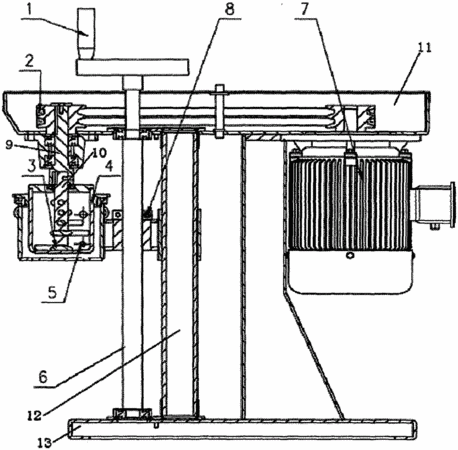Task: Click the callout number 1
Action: coord(29,10)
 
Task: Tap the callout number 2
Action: coord(30,62)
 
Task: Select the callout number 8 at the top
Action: coord(229,9)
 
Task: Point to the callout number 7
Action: coord(305,9)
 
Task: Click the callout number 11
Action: coord(424,48)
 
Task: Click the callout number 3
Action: coord(32,165)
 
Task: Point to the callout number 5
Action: coord(53,293)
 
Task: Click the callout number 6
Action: coord(43,378)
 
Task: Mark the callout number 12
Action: coord(35,415)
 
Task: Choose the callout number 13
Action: coord(45,442)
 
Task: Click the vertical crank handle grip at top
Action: coord(86,34)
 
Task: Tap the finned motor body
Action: coord(351,201)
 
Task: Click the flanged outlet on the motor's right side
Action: coord(434,205)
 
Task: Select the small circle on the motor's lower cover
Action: coord(350,256)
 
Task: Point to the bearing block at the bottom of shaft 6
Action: coord(133,414)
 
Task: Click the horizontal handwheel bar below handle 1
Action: coord(133,67)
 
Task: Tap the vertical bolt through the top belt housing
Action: coord(220,111)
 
